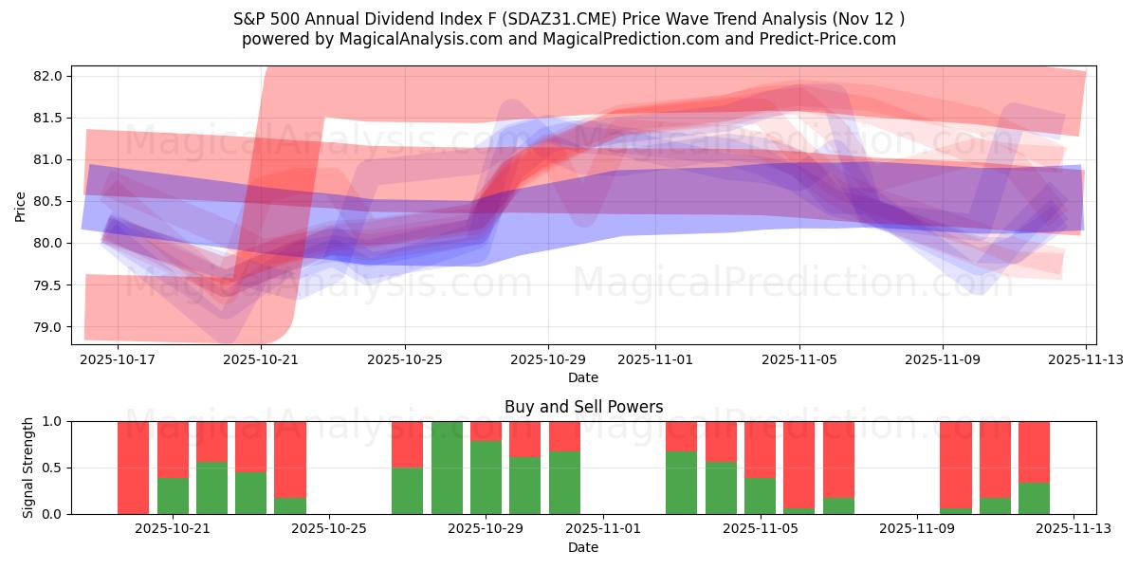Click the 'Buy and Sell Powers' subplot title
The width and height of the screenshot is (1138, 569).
point(583,407)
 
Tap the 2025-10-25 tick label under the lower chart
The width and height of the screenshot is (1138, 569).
point(329,529)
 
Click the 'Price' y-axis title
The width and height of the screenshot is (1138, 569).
point(21,206)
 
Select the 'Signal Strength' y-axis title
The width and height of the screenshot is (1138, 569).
point(28,468)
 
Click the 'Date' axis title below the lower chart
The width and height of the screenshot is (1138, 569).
point(583,547)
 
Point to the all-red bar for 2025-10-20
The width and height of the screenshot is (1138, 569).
point(134,468)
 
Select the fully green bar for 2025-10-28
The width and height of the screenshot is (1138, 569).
point(447,468)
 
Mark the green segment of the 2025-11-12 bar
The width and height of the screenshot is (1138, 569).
point(1034,499)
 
